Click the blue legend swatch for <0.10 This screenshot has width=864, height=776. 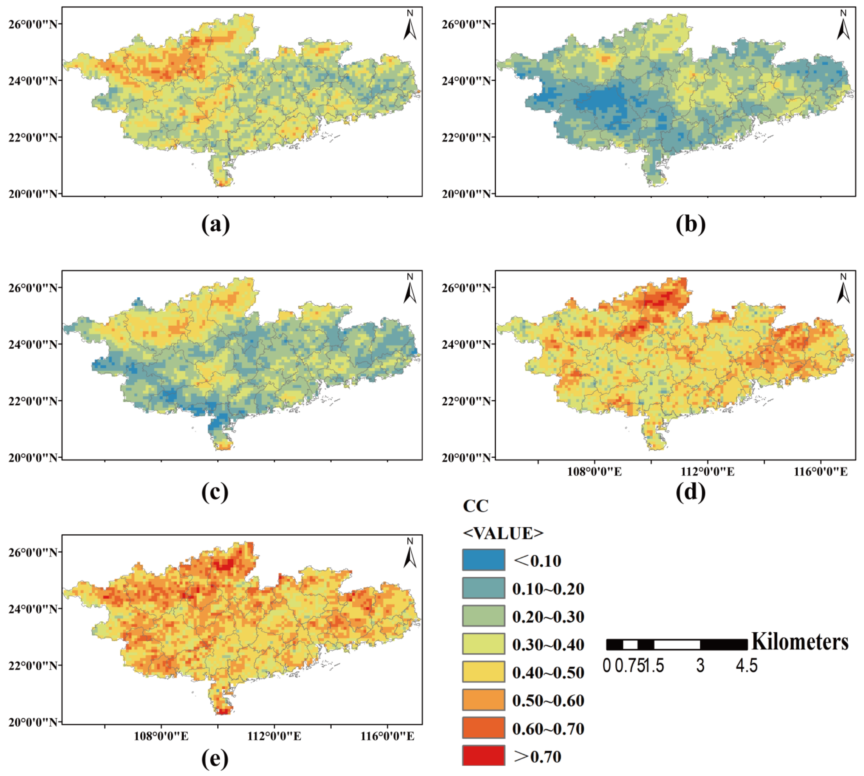483,560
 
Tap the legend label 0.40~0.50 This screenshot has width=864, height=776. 548,672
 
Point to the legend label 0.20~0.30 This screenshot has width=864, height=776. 548,616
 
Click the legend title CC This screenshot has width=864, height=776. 475,506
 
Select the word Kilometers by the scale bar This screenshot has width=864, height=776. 800,642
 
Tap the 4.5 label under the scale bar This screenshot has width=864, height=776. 746,666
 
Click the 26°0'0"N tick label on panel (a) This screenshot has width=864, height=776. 33,24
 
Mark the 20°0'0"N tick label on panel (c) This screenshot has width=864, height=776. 33,458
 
